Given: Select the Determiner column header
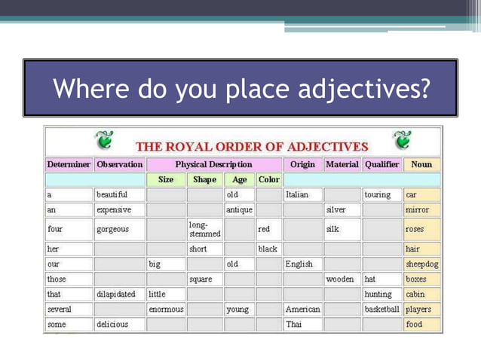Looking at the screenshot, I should (69, 164).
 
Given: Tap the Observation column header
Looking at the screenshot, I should (119, 164).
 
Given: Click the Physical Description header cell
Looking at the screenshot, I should (214, 164).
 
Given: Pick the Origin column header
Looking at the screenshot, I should (302, 164).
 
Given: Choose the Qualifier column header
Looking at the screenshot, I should (381, 164).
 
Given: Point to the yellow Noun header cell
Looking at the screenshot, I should (421, 164).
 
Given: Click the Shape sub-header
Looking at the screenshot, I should (204, 180).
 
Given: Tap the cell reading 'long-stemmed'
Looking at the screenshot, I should (204, 229).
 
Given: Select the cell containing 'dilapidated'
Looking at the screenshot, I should (116, 294).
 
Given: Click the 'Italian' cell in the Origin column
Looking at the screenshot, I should (298, 194).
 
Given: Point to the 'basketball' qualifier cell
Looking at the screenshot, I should (381, 310).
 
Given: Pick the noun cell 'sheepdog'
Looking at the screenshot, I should (422, 264).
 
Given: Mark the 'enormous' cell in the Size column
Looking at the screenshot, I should (166, 310).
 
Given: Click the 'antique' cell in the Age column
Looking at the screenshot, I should (239, 209).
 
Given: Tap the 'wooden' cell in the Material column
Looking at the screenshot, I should (339, 279).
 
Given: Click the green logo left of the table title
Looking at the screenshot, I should (103, 140).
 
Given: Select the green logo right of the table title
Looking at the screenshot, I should (403, 139).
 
